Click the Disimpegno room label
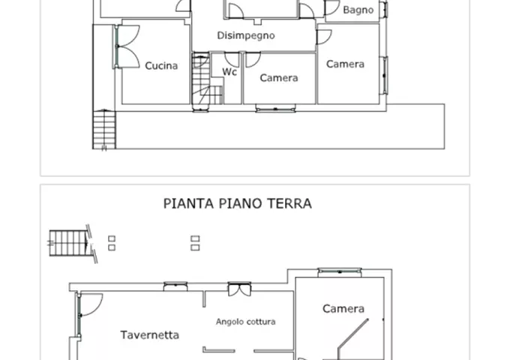pos(246,35)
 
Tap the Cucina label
pos(161,66)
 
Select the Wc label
pos(229,72)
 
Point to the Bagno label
pos(358,10)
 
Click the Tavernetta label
pos(149,335)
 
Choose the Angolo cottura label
pos(245,322)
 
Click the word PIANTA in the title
pos(189,204)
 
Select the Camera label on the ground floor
pos(343,308)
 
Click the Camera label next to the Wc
pos(279,78)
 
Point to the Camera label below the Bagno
pos(345,64)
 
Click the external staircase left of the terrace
pos(104,130)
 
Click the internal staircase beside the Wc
pos(205,81)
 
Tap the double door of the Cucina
pos(126,46)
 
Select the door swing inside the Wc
pos(232,60)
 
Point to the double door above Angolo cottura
pos(239,289)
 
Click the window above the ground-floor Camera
pos(340,271)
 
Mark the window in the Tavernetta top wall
pos(175,286)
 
